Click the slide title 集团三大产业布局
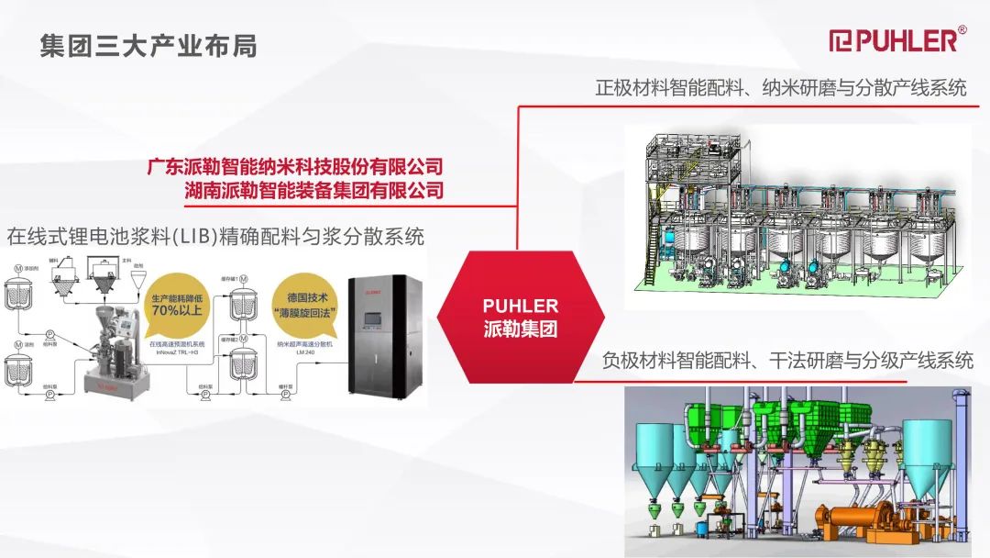tap(148, 45)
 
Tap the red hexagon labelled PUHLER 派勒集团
tap(520, 317)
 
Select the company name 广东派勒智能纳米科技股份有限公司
tap(295, 167)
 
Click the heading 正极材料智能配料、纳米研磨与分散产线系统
tap(780, 88)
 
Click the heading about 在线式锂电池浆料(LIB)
tap(215, 236)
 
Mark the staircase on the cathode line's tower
tap(655, 239)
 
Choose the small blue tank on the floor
tap(703, 529)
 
